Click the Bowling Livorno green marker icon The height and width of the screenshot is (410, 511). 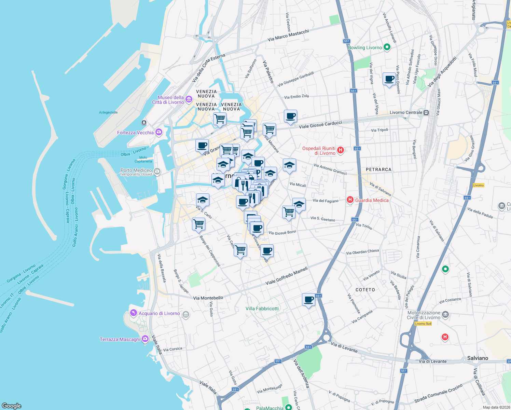click(x=387, y=47)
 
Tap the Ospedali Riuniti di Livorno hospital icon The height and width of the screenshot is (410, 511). click(x=340, y=150)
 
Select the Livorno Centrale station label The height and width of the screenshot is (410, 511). click(x=406, y=112)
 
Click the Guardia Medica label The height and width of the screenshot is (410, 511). click(x=372, y=200)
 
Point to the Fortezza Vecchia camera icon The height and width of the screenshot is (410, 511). click(x=159, y=132)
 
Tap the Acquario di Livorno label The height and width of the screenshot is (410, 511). click(x=159, y=313)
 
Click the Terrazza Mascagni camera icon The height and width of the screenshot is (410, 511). click(x=145, y=339)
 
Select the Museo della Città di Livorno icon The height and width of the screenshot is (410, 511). click(x=189, y=99)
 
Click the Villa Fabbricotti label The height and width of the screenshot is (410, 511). click(x=262, y=309)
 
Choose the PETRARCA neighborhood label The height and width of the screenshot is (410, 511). click(x=378, y=169)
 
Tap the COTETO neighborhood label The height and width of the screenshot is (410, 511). click(x=365, y=290)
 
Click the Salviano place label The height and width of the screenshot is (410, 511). click(x=478, y=358)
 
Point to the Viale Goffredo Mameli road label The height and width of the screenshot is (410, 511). click(x=287, y=276)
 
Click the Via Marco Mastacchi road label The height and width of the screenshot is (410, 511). click(x=288, y=35)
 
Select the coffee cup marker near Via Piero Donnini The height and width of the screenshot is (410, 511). click(x=389, y=79)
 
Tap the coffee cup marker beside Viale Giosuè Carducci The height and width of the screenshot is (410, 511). click(x=290, y=116)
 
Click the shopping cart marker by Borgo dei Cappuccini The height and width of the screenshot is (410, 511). click(x=198, y=224)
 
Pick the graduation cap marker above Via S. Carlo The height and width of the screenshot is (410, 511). click(x=203, y=200)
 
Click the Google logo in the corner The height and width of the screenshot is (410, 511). click(x=11, y=406)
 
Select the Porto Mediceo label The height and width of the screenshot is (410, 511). click(x=136, y=170)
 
